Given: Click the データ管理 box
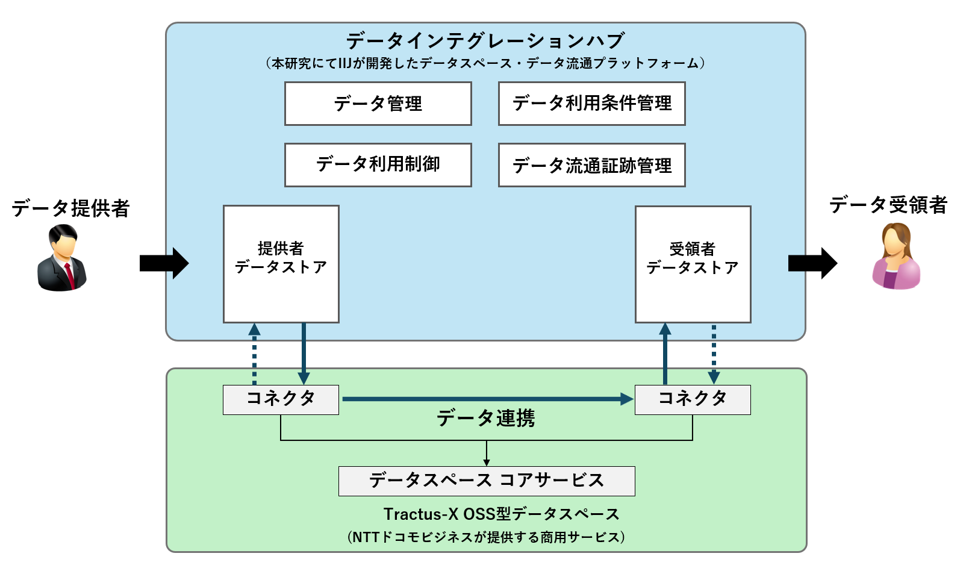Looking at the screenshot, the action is coord(378,104).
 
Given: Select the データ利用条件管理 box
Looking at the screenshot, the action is coord(591,104).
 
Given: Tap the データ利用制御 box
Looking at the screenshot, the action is coord(378,165).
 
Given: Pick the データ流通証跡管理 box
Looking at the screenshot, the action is coord(591,165).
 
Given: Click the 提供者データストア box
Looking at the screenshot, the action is coord(281,264).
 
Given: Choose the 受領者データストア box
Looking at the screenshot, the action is coord(693,264).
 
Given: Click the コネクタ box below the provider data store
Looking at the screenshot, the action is coord(281,400).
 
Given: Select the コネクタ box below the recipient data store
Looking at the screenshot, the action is coord(693,400).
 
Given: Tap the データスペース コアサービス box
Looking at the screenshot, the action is coord(487,481).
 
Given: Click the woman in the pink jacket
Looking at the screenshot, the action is coord(896,256).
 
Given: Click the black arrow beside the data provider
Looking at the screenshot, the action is coord(164,263).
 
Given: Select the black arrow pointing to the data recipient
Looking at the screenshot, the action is coord(812,263).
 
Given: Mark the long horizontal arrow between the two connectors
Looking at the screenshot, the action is coord(488,399).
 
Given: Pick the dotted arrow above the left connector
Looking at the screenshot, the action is coord(254,354).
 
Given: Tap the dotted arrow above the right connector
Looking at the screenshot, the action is coord(714,354).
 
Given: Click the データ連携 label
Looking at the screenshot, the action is coord(485,419).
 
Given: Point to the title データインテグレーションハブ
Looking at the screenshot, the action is coord(485,41).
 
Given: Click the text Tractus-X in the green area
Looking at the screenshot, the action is coord(420,514).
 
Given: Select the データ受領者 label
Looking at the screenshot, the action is coord(888,205).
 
